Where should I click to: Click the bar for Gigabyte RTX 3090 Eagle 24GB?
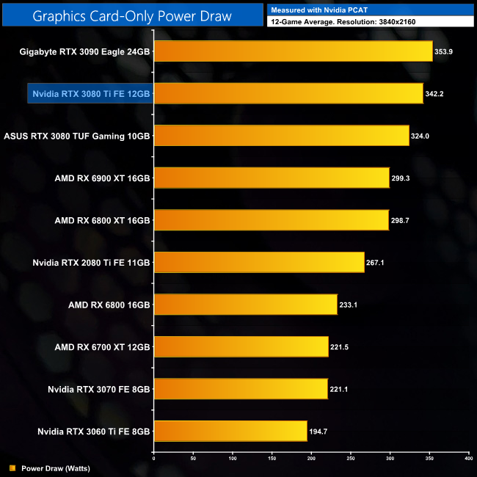coord(293,51)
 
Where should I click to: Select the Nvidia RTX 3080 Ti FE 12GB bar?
coord(288,93)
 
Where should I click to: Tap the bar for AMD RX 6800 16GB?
coord(245,304)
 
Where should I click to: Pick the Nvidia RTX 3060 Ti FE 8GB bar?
coord(230,431)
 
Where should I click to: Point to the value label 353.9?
coord(445,51)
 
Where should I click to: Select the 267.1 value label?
coord(376,262)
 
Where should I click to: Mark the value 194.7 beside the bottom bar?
coord(319,431)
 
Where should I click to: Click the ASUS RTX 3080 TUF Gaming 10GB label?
coord(77,136)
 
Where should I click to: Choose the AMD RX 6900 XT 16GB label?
coord(102,178)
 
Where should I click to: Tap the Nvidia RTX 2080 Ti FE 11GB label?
coord(92,262)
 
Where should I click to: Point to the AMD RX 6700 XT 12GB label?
coord(102,346)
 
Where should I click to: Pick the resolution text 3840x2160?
coord(398,22)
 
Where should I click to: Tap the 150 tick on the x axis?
coord(272,458)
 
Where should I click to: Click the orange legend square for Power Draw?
coord(12,467)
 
